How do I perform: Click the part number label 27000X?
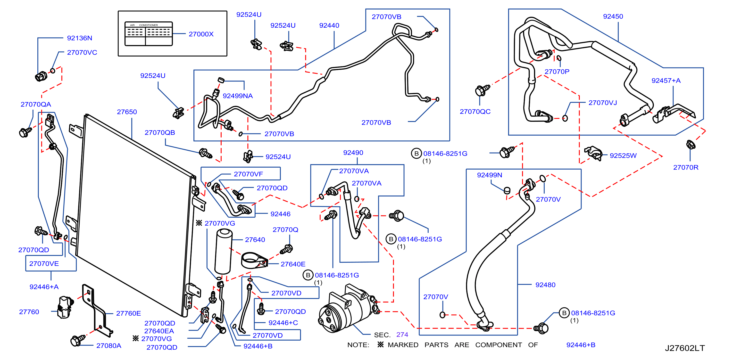tap(201, 34)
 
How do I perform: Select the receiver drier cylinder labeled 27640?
tap(224, 251)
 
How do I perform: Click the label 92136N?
tap(79, 38)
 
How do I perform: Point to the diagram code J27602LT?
tap(685, 348)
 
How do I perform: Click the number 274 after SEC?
tap(402, 335)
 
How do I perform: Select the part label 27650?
tap(127, 112)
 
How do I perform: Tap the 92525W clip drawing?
tap(593, 153)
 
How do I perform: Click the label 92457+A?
tap(666, 81)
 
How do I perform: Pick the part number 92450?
tap(613, 16)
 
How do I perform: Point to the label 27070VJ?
tap(602, 103)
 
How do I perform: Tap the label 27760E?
tap(128, 313)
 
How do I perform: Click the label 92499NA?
tap(238, 96)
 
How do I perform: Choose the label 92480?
tap(545, 285)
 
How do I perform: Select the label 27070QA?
tap(36, 105)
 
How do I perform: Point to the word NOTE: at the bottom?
tap(358, 345)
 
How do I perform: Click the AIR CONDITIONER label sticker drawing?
tap(149, 34)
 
